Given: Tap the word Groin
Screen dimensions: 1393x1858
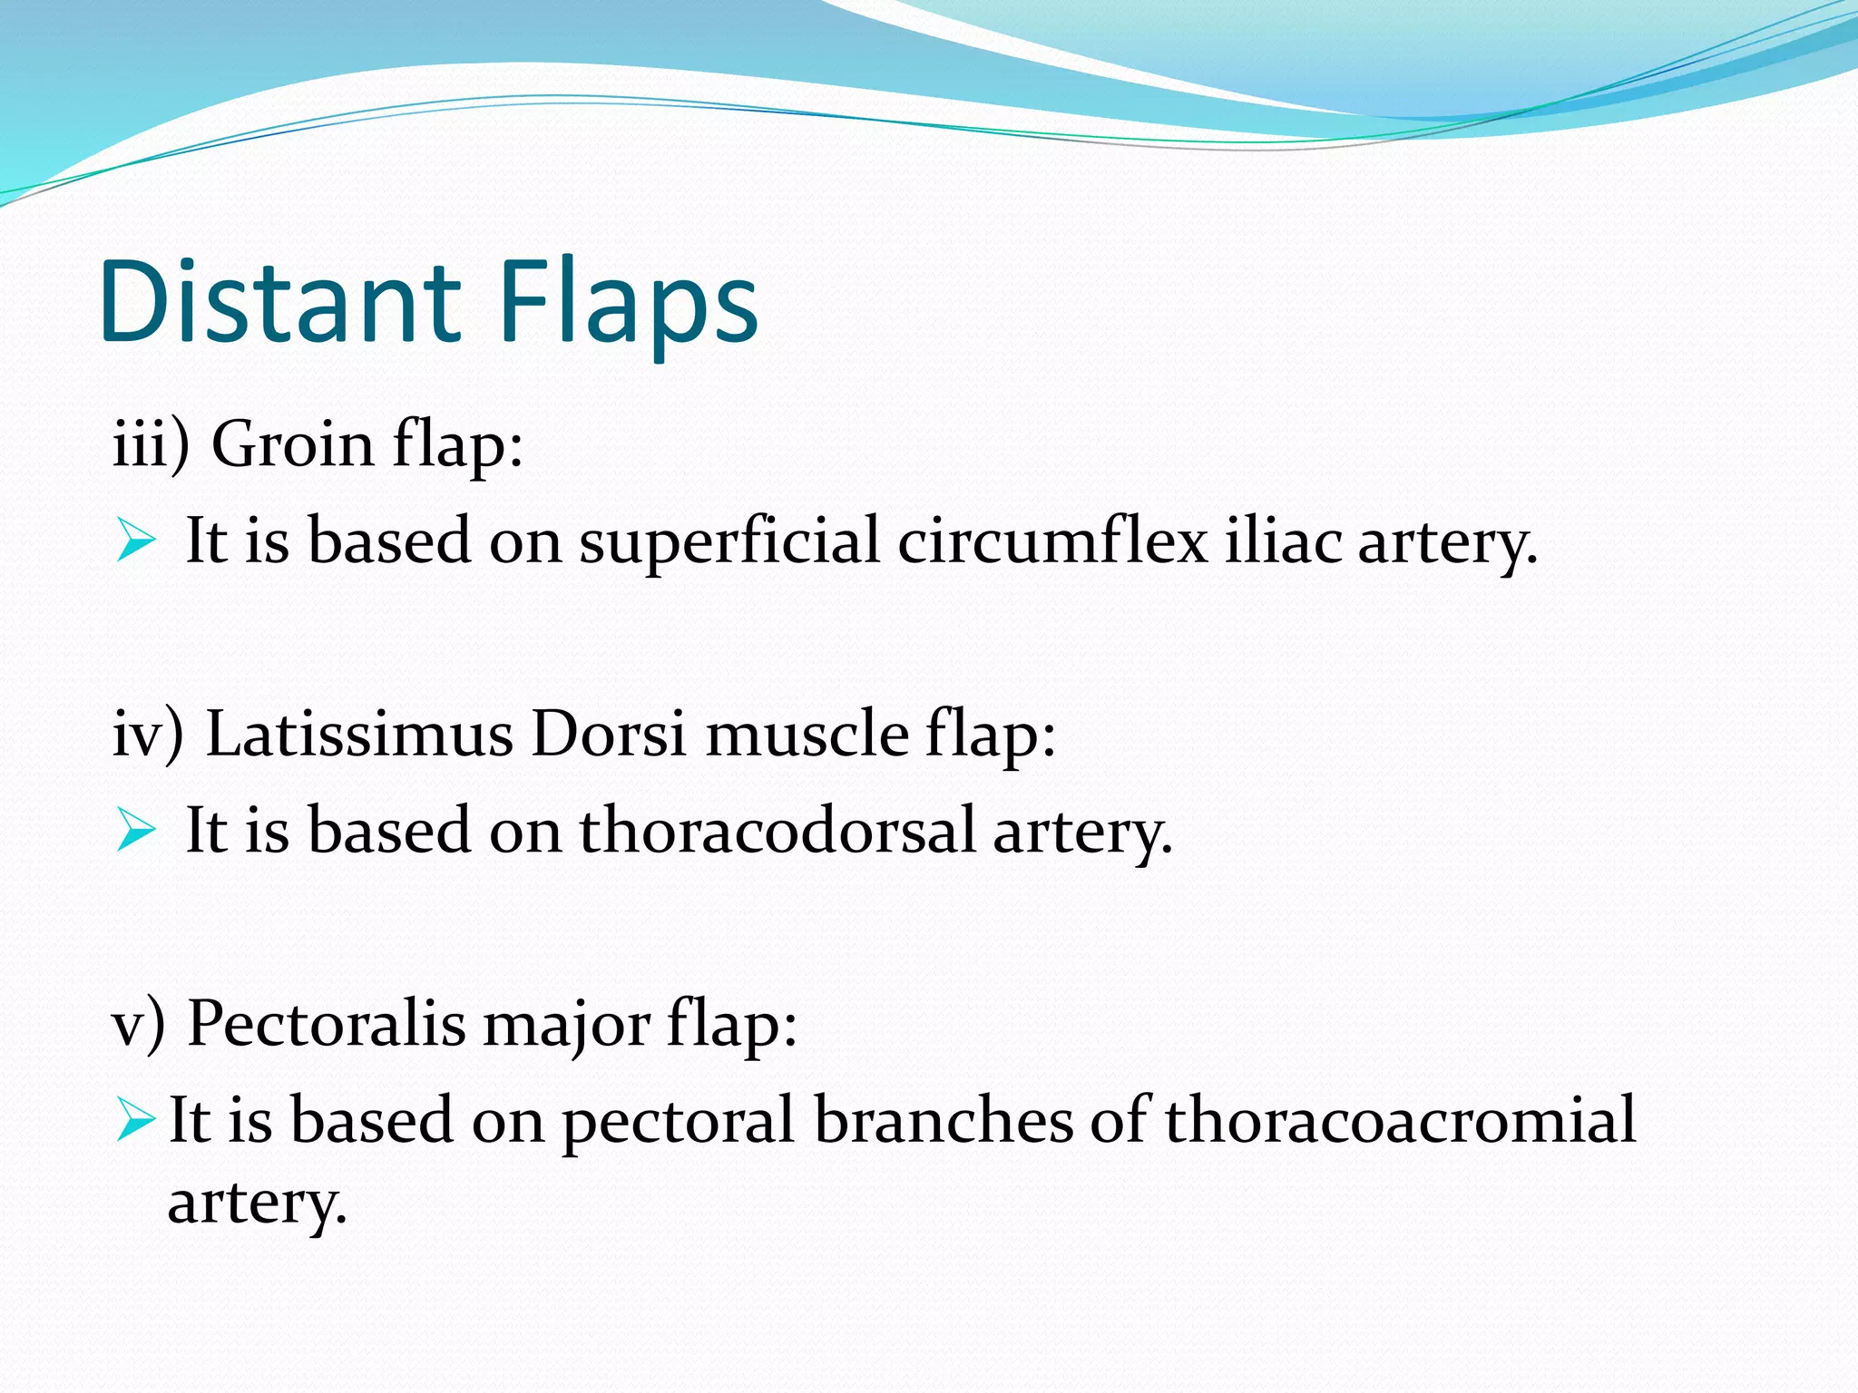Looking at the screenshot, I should [x=292, y=444].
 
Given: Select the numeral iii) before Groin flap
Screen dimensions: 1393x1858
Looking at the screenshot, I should [x=151, y=444].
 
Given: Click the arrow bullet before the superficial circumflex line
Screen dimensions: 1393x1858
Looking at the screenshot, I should [x=136, y=542].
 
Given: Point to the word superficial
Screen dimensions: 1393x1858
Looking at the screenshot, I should [x=729, y=541].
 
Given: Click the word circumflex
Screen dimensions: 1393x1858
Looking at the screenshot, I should [x=1052, y=541].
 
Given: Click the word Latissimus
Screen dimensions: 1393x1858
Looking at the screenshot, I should [x=359, y=733].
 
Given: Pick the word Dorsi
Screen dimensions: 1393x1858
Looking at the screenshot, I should [x=608, y=733].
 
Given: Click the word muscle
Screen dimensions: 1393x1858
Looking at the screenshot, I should [x=807, y=733].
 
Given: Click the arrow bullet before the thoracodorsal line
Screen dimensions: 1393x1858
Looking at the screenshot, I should [x=136, y=831].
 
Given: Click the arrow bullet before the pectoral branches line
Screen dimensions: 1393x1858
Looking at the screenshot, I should [x=136, y=1121].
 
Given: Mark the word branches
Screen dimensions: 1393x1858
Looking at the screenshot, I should [x=943, y=1119].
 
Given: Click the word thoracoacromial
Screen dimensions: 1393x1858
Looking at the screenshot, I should [x=1401, y=1119].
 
